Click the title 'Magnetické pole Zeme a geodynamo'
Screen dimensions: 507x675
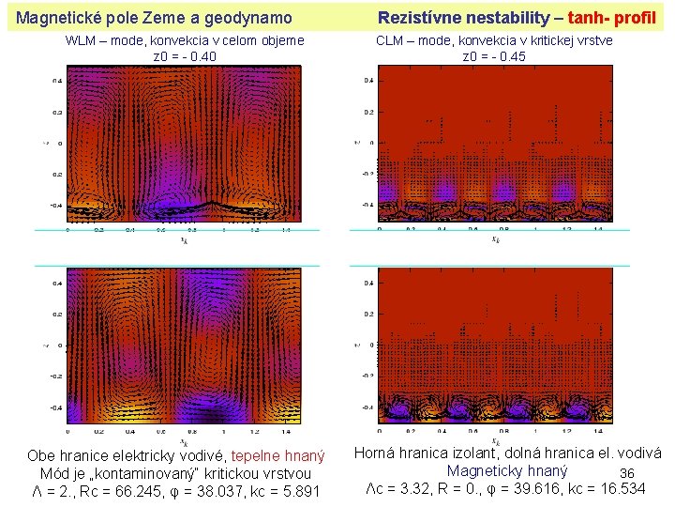[x=155, y=17]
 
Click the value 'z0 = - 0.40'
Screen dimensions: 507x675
[x=184, y=56]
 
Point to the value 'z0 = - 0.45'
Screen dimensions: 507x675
[x=494, y=56]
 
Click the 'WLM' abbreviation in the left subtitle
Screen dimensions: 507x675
[x=81, y=41]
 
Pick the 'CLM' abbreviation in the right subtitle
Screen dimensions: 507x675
[x=391, y=41]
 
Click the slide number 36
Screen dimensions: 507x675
[x=627, y=472]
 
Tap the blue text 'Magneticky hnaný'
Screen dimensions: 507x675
[x=507, y=470]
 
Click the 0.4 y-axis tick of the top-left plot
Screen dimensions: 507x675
[x=58, y=81]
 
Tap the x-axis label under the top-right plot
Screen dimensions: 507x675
[x=495, y=238]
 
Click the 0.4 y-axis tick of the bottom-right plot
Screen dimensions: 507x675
[x=369, y=283]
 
